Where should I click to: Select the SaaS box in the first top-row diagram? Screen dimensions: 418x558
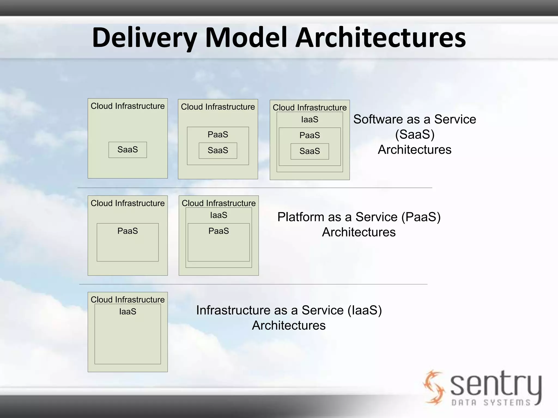click(x=128, y=150)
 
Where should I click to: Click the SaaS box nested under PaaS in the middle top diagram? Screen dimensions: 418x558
click(x=218, y=150)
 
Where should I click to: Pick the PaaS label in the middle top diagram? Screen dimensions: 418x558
click(x=218, y=134)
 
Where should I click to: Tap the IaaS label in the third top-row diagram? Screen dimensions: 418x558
click(x=310, y=119)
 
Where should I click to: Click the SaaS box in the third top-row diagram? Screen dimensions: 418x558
click(x=310, y=151)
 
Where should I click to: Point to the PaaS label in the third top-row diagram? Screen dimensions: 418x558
click(x=310, y=135)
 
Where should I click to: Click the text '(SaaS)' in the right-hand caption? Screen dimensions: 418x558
click(x=415, y=134)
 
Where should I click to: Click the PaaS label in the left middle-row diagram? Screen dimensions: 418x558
click(x=128, y=231)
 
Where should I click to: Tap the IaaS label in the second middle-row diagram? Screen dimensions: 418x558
click(x=219, y=215)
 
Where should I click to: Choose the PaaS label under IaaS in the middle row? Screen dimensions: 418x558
click(x=219, y=231)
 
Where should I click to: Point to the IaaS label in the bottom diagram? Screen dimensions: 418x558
click(x=128, y=312)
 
